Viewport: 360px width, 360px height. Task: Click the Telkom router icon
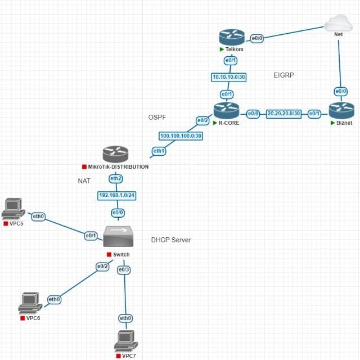point(231,37)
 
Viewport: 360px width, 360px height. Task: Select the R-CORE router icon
point(226,110)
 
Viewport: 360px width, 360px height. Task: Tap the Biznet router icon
point(341,110)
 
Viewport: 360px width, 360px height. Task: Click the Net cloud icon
point(338,24)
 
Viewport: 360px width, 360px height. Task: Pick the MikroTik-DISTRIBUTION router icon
point(115,154)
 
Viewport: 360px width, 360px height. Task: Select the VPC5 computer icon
point(13,210)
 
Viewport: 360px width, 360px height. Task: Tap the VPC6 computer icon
point(29,303)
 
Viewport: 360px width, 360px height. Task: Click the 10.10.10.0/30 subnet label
point(229,76)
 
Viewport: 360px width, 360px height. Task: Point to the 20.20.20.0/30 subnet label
point(284,113)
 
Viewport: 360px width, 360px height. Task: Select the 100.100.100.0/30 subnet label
point(181,136)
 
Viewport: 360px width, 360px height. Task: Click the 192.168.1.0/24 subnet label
point(117,196)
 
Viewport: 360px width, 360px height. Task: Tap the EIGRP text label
point(283,75)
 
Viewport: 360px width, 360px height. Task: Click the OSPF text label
point(157,116)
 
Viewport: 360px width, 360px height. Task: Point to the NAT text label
point(84,181)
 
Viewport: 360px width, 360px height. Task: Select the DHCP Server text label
point(171,240)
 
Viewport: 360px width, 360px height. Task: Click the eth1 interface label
point(159,151)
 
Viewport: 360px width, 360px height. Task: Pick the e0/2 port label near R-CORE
point(202,120)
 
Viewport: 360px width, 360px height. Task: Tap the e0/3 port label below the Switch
point(124,270)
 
